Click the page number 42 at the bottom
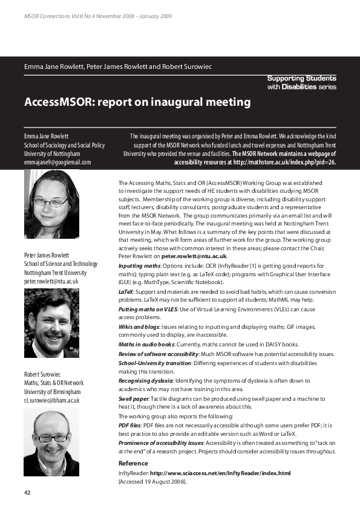coord(28,493)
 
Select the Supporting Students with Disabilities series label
coord(302,83)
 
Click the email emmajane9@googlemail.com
coord(57,162)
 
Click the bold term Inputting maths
coord(139,265)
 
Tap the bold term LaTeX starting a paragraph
coord(126,291)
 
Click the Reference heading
coord(133,463)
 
